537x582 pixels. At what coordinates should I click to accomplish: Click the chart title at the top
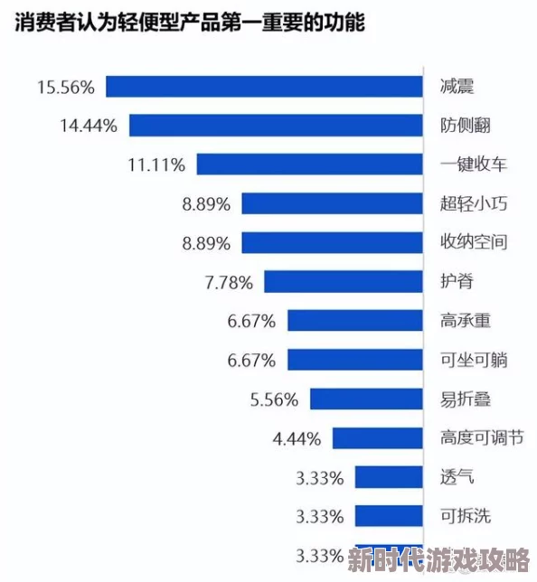(189, 23)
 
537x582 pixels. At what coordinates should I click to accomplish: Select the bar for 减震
(265, 87)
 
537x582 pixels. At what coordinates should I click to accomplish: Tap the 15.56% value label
(66, 87)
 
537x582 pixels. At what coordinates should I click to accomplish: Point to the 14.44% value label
(89, 126)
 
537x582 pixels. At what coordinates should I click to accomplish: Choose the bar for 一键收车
(310, 164)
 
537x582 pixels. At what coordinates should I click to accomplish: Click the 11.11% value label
(156, 164)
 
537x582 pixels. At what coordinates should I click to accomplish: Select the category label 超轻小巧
(473, 203)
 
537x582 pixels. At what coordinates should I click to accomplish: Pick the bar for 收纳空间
(333, 242)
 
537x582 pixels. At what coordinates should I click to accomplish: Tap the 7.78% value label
(229, 282)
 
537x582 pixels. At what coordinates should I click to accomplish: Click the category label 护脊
(457, 282)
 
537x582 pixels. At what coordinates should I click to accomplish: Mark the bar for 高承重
(355, 321)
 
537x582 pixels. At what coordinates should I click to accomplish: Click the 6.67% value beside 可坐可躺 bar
(251, 360)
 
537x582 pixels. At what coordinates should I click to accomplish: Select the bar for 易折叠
(367, 399)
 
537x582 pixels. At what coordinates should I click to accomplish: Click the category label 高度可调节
(481, 438)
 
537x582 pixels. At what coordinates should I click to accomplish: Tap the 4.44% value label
(297, 438)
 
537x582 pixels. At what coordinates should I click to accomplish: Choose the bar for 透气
(389, 477)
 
